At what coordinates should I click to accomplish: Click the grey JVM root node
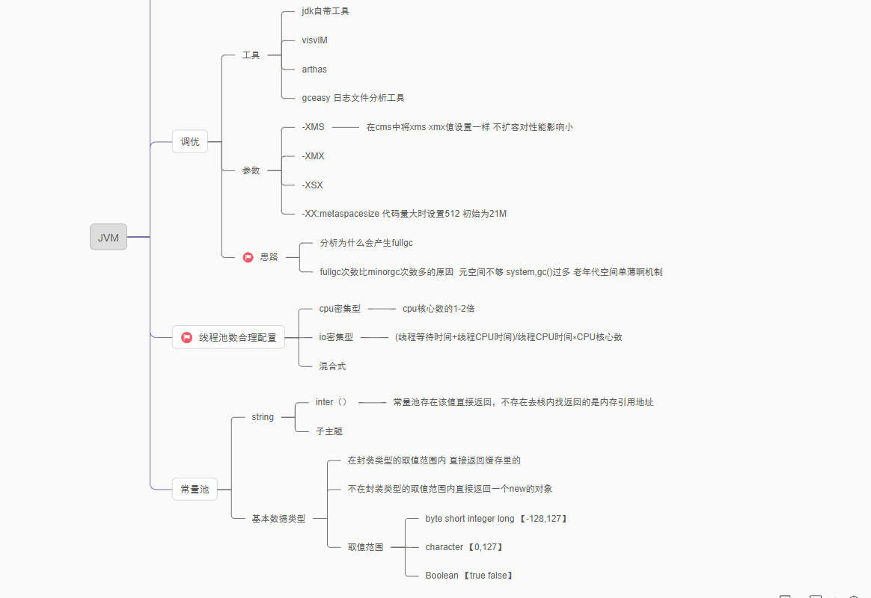(x=109, y=237)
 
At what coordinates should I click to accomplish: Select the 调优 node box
(x=190, y=141)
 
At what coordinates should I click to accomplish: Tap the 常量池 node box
(x=195, y=490)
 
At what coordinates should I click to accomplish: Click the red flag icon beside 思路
(x=248, y=257)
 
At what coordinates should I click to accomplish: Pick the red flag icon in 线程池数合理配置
(x=187, y=337)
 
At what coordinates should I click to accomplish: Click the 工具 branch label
(x=251, y=55)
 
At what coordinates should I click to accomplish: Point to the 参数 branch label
(x=251, y=170)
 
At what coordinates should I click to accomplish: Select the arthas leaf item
(x=314, y=70)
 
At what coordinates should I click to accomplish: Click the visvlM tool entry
(x=314, y=40)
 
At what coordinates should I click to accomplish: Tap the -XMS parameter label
(x=313, y=127)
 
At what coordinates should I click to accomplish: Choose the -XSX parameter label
(x=312, y=185)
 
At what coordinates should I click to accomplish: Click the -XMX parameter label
(x=313, y=156)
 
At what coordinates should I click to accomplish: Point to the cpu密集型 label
(x=340, y=308)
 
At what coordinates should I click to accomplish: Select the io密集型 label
(x=336, y=337)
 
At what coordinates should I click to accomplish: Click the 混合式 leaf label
(x=332, y=366)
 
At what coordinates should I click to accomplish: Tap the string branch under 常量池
(x=263, y=417)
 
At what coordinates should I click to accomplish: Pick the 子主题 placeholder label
(x=329, y=431)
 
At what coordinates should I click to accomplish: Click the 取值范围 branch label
(x=365, y=547)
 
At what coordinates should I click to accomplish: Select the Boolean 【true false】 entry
(x=468, y=576)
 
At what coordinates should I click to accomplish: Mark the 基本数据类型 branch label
(x=278, y=518)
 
